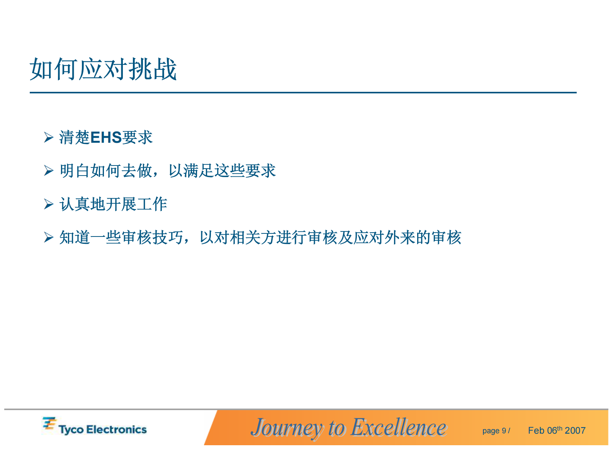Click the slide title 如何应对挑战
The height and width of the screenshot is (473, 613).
[103, 69]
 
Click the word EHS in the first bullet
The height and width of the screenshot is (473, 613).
[106, 138]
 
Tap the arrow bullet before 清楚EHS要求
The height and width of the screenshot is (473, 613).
[48, 137]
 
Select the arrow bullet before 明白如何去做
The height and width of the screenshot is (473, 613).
[48, 171]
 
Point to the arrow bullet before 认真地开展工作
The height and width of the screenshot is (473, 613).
[48, 204]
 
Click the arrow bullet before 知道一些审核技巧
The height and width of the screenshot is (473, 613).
[48, 237]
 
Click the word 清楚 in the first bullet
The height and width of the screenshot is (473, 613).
[74, 138]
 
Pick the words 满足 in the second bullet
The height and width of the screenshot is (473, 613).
[199, 171]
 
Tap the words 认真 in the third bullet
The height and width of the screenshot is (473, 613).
[75, 204]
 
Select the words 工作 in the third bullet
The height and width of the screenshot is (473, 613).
[152, 204]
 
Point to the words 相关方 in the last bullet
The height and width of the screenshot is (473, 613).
[253, 238]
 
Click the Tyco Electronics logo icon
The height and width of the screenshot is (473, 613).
[49, 424]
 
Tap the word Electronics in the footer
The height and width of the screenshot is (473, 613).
[116, 430]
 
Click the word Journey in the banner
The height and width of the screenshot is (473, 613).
[286, 428]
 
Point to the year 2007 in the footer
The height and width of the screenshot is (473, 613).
[575, 431]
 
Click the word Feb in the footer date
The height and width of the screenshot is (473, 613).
[536, 431]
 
